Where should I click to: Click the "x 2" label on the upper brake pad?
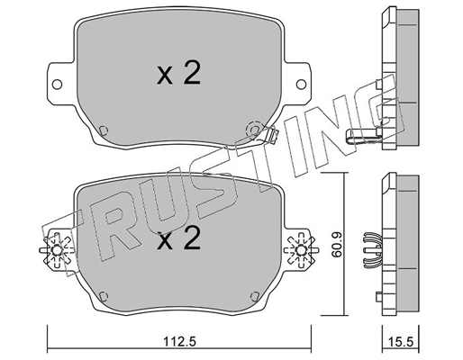click(x=177, y=76)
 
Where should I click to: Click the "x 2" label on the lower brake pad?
click(x=177, y=240)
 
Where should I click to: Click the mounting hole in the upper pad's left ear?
click(x=59, y=86)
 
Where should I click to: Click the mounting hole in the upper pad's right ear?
click(x=298, y=86)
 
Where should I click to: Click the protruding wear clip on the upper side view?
click(x=362, y=137)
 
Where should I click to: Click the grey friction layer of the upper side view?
click(x=409, y=76)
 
